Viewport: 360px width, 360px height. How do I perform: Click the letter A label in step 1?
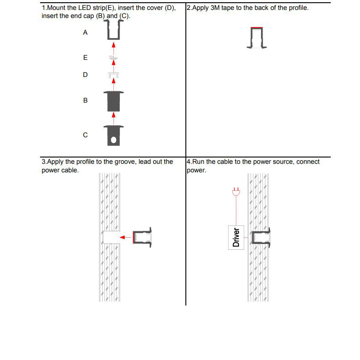[85, 33]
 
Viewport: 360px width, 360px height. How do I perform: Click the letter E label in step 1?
[85, 58]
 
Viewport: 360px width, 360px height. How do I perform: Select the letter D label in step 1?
[85, 75]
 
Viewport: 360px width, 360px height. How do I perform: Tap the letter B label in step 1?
[85, 100]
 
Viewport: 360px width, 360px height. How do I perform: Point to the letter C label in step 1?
[85, 135]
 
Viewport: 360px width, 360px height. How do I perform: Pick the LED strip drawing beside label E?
[113, 58]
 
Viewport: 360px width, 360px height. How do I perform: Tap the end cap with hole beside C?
[113, 135]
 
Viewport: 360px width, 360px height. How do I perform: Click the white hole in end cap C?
[114, 140]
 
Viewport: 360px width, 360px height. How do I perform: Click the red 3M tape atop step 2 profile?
[256, 27]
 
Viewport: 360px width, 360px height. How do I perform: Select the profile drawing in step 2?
[257, 38]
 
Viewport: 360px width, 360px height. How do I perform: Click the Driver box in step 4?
[236, 237]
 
